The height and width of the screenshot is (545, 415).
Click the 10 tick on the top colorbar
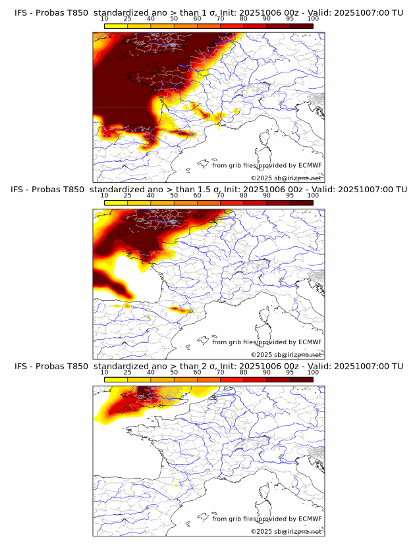(105, 18)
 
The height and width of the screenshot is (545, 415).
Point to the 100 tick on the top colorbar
(313, 18)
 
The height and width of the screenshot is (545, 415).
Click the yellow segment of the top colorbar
(116, 25)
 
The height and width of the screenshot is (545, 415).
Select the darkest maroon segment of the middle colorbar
(301, 202)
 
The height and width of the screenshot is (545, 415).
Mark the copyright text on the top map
(286, 178)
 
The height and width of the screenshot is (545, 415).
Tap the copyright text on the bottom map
(286, 531)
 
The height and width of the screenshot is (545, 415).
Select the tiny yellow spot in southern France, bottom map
(177, 484)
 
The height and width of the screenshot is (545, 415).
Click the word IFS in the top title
(20, 13)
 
